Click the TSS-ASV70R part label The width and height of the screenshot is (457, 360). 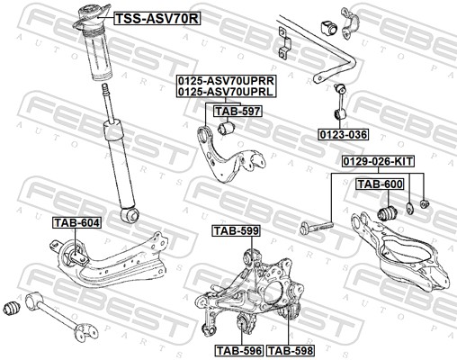pyautogui.click(x=157, y=19)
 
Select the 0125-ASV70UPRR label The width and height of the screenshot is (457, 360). pyautogui.click(x=226, y=81)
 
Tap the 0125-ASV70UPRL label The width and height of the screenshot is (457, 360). pyautogui.click(x=226, y=92)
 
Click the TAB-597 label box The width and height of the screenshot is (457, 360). pyautogui.click(x=237, y=112)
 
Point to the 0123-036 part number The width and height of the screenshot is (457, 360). pyautogui.click(x=344, y=134)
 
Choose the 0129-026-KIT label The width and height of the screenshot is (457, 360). pyautogui.click(x=379, y=162)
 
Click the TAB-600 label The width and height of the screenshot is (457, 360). pyautogui.click(x=380, y=184)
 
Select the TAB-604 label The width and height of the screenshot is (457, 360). pyautogui.click(x=76, y=222)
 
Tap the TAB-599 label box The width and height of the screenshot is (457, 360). pyautogui.click(x=236, y=230)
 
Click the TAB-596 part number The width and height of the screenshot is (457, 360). pyautogui.click(x=239, y=350)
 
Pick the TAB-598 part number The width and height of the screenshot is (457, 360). pyautogui.click(x=291, y=350)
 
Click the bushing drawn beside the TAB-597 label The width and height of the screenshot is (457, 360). pyautogui.click(x=226, y=127)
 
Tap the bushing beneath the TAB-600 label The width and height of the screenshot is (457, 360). pyautogui.click(x=387, y=211)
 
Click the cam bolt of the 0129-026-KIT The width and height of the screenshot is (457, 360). pyautogui.click(x=317, y=228)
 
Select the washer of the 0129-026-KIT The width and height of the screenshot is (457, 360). pyautogui.click(x=409, y=209)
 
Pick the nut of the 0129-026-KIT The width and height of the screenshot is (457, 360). pyautogui.click(x=425, y=204)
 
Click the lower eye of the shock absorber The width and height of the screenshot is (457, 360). pyautogui.click(x=130, y=214)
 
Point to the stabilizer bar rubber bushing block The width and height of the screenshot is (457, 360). pyautogui.click(x=329, y=27)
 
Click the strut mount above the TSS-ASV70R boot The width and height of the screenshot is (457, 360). pyautogui.click(x=91, y=19)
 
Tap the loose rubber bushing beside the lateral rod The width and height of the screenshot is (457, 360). pyautogui.click(x=13, y=308)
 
